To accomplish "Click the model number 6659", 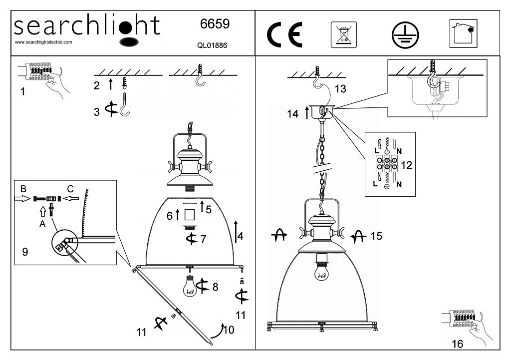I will pyautogui.click(x=215, y=23).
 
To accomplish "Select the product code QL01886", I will pyautogui.click(x=213, y=44).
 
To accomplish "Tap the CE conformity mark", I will pyautogui.click(x=284, y=35).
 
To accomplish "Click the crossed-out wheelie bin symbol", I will pyautogui.click(x=343, y=34).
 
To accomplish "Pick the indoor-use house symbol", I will pyautogui.click(x=463, y=33).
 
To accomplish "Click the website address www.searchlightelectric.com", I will pyautogui.click(x=44, y=42).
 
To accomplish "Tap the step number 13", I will pyautogui.click(x=340, y=89).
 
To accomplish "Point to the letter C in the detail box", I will pyautogui.click(x=70, y=189).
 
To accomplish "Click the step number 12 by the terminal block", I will pyautogui.click(x=407, y=165).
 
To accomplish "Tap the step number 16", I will pyautogui.click(x=457, y=344).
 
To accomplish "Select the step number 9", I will pyautogui.click(x=25, y=252).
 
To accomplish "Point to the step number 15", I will pyautogui.click(x=376, y=236).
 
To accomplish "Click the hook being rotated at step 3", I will pyautogui.click(x=123, y=106).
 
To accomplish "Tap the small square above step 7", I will pyautogui.click(x=190, y=215).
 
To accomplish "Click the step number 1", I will pyautogui.click(x=22, y=92).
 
